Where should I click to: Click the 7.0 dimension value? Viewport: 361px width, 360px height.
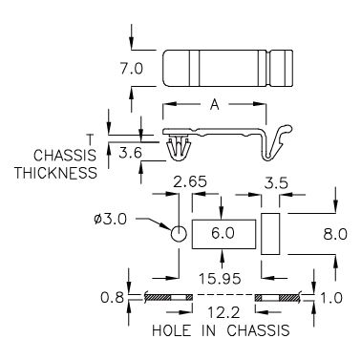(x=132, y=69)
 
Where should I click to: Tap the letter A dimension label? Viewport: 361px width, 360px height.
(x=215, y=104)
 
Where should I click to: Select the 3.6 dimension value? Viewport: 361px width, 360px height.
(x=130, y=154)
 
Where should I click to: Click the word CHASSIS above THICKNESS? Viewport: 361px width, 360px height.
(x=65, y=156)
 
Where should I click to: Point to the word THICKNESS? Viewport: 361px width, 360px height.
(x=55, y=173)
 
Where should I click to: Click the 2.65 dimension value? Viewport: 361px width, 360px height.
(x=190, y=182)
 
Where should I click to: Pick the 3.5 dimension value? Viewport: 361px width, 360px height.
(x=276, y=183)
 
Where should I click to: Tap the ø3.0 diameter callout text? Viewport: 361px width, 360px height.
(x=111, y=220)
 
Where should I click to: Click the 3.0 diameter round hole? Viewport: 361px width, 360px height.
(x=179, y=234)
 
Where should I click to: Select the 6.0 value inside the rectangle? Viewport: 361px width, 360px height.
(x=223, y=233)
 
